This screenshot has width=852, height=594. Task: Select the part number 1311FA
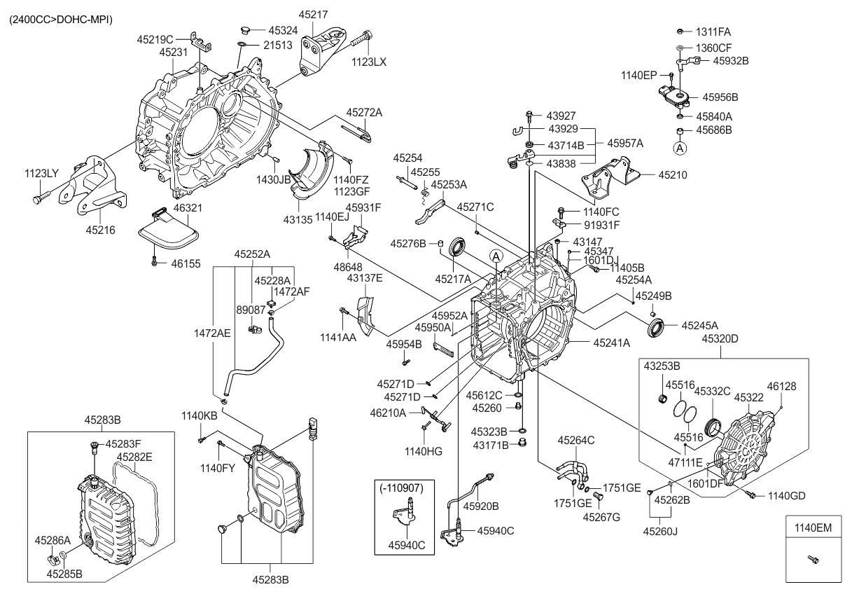click(x=713, y=32)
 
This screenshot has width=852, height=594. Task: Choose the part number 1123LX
click(x=369, y=62)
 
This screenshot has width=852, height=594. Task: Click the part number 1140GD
click(x=787, y=496)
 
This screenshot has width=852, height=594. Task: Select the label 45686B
click(x=713, y=130)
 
